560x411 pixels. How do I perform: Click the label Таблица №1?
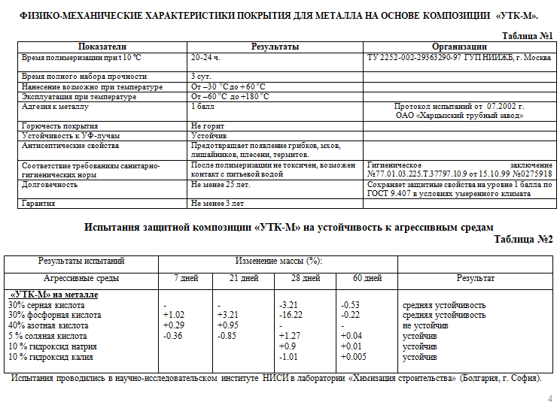[x=528, y=36]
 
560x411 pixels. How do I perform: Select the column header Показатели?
[x=102, y=47]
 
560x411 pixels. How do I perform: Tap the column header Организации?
[x=460, y=47]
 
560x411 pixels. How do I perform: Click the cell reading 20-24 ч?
[x=205, y=56]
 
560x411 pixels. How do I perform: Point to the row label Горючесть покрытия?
[x=60, y=125]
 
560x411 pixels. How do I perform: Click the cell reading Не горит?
[x=208, y=125]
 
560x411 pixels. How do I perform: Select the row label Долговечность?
[x=50, y=184]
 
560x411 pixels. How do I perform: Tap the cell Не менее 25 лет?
[x=221, y=184]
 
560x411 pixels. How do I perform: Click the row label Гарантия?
[x=40, y=203]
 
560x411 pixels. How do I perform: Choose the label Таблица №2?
[x=523, y=240]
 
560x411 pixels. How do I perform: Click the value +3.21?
[x=227, y=315]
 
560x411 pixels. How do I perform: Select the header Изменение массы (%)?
[x=278, y=261]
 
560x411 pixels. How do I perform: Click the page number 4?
[x=549, y=398]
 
